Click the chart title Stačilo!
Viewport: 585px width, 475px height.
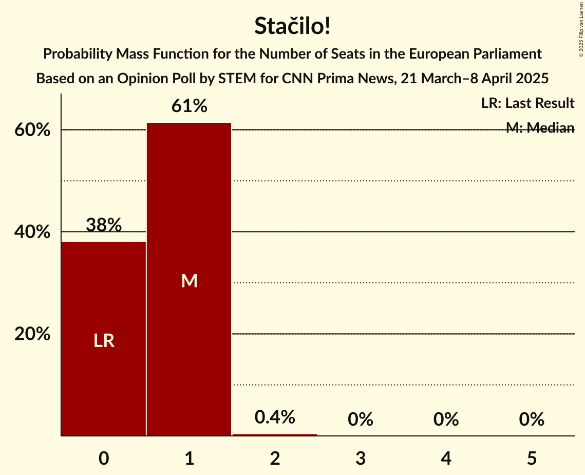click(x=292, y=26)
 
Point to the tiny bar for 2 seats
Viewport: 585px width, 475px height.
click(x=275, y=435)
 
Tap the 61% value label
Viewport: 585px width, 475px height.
click(x=190, y=106)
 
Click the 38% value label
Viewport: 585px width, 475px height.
click(x=104, y=225)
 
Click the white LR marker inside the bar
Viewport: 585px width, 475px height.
click(x=104, y=341)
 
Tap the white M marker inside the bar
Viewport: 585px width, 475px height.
click(x=190, y=281)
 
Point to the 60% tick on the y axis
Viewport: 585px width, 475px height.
click(x=32, y=130)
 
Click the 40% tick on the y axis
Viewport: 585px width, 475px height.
click(x=32, y=232)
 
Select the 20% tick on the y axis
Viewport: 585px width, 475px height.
click(x=32, y=334)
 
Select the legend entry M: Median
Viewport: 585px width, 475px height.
click(x=540, y=128)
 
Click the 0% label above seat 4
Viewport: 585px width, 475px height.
click(x=446, y=419)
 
